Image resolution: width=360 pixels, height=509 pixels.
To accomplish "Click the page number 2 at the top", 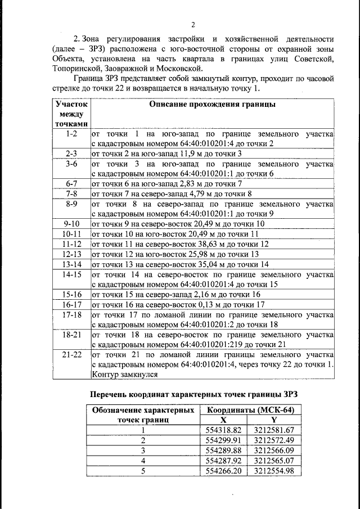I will pos(192,24).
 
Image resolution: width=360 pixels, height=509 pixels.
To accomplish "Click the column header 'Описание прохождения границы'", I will pos(211,105).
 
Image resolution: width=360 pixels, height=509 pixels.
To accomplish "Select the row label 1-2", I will pos(71,134).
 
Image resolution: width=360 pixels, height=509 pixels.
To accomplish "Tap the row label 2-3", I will pos(71,153).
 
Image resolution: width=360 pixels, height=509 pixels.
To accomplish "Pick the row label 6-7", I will pos(71,183).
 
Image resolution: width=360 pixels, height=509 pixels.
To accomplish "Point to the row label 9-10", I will pos(71,223).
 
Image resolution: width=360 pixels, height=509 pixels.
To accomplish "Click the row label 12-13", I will pos(71,254).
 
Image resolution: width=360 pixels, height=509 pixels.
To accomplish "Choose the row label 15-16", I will pos(71,294).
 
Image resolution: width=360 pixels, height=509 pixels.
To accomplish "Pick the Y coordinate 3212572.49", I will pos(274,440).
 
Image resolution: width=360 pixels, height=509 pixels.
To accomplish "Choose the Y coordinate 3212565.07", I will pos(274,461).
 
